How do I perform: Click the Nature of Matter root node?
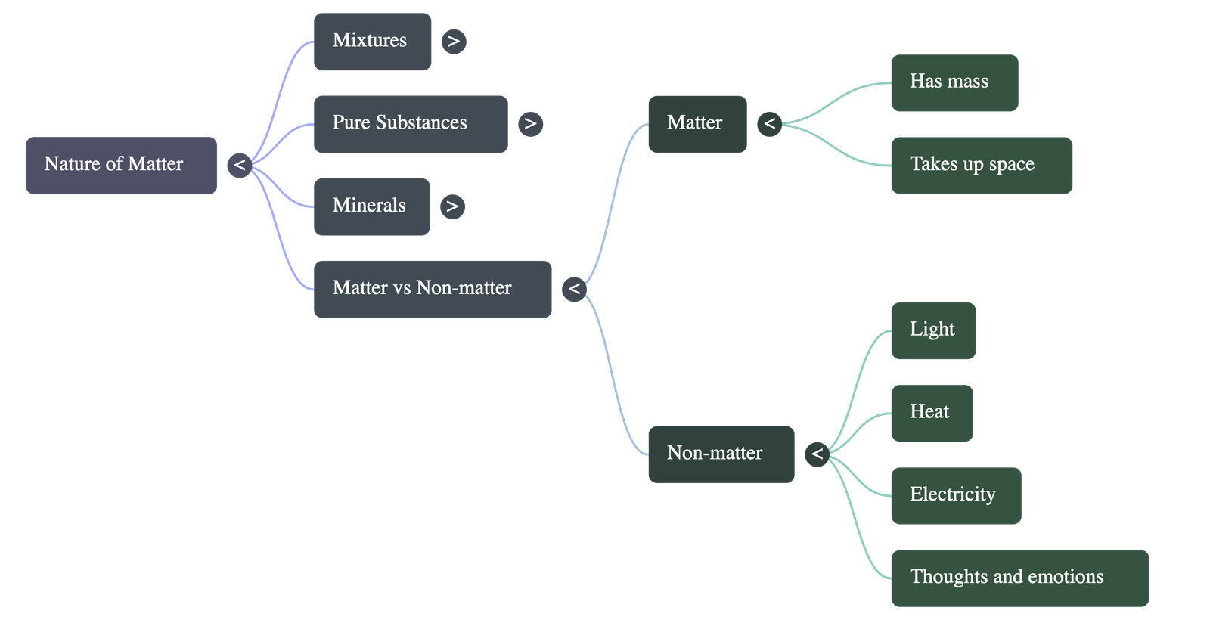(x=121, y=165)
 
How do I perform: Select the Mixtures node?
(x=372, y=41)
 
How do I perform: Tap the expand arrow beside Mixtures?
(x=453, y=41)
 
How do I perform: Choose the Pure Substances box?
(x=410, y=123)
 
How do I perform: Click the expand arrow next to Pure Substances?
(x=530, y=123)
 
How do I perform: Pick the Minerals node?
(x=371, y=206)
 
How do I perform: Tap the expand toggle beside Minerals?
(x=452, y=206)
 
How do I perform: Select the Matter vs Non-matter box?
(x=432, y=289)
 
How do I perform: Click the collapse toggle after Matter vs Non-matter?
(x=574, y=289)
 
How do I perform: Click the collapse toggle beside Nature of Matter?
(x=239, y=165)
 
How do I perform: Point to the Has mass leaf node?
(x=954, y=82)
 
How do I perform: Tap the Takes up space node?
(x=981, y=165)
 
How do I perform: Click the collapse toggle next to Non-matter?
(x=817, y=454)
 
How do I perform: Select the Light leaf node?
(x=933, y=330)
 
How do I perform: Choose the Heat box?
(x=932, y=413)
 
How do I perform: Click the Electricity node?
(x=956, y=495)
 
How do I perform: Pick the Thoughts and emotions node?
(x=1019, y=578)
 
